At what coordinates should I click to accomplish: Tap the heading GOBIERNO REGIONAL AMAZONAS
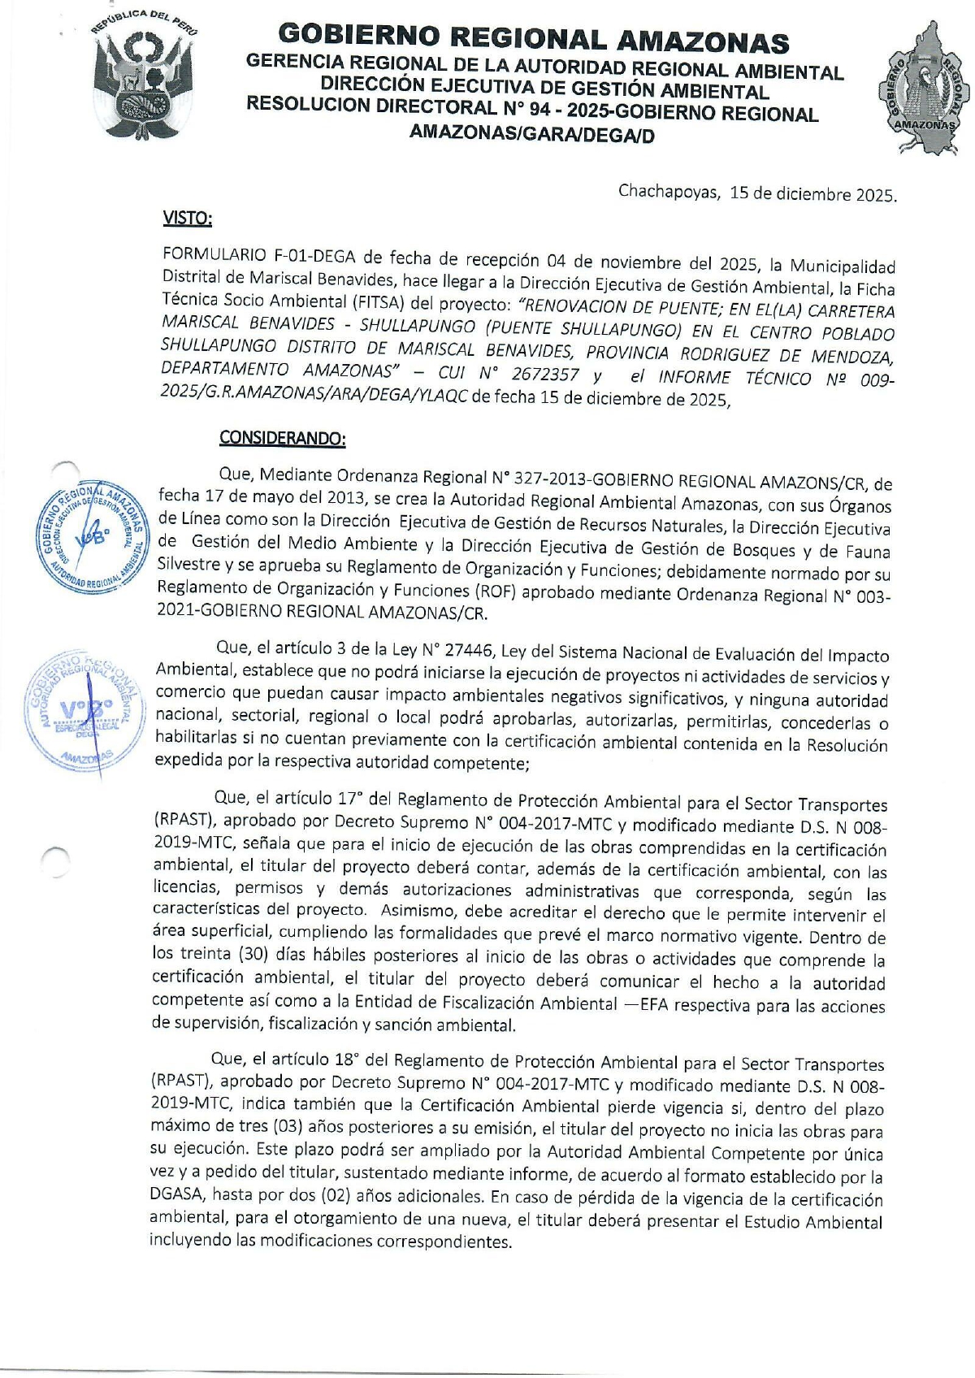pos(533,38)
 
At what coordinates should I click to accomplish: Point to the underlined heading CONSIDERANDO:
pos(282,438)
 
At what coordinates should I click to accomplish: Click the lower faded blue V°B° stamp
pos(81,712)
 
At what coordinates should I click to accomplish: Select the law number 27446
pos(466,650)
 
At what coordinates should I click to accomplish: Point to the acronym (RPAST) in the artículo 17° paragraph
pos(183,820)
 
